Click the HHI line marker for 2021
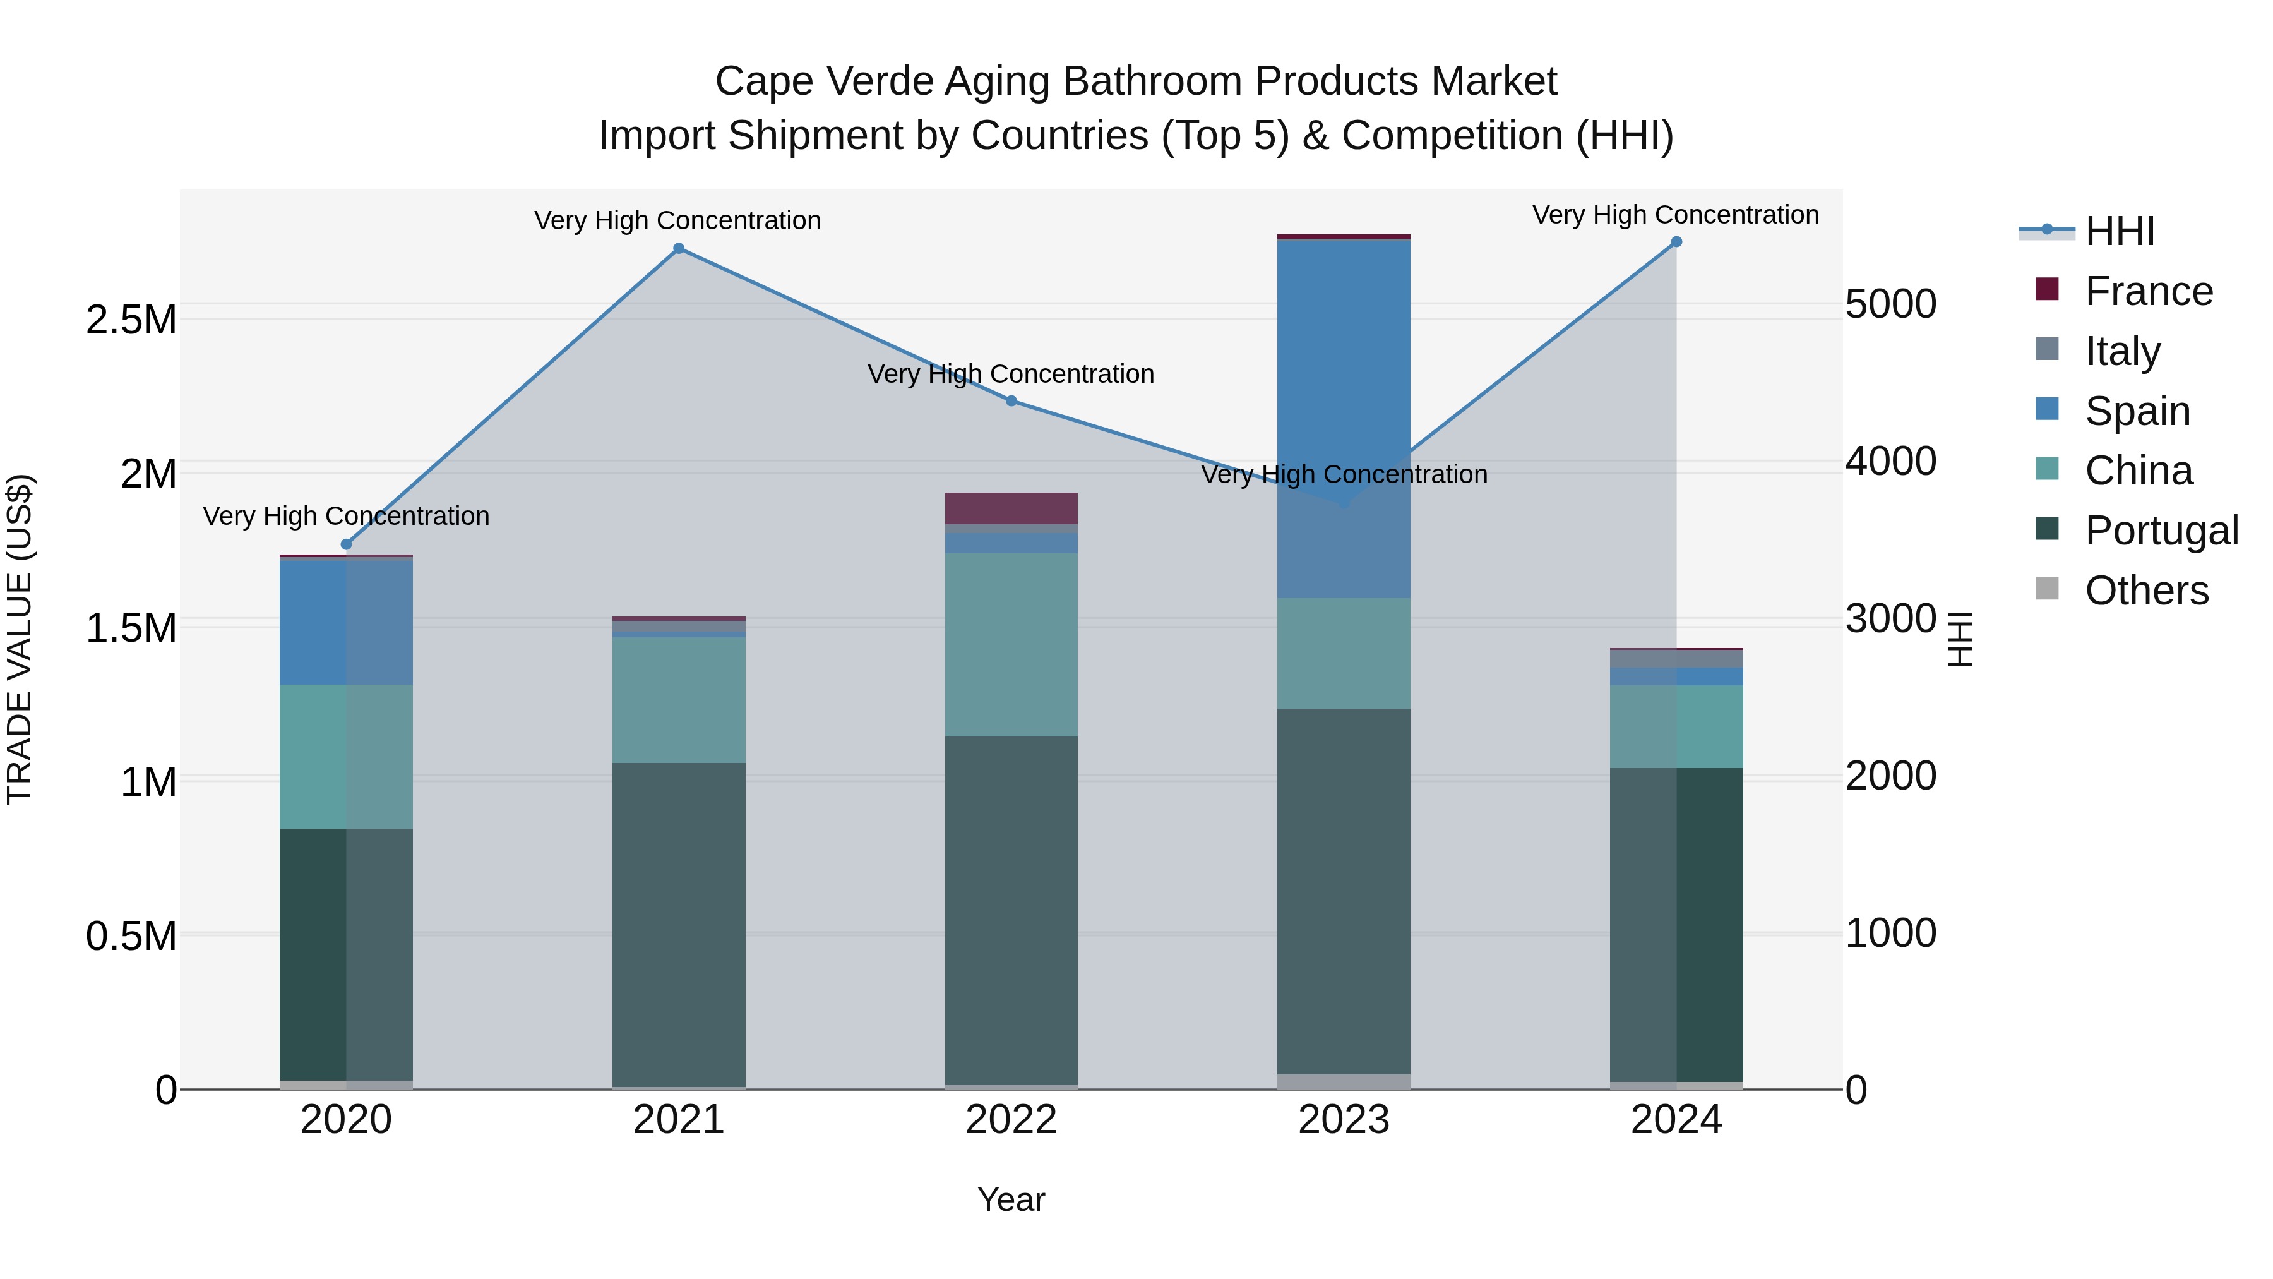click(x=679, y=249)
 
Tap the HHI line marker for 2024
click(x=1676, y=242)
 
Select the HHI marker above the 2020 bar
click(x=346, y=544)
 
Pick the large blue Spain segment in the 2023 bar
click(x=1344, y=371)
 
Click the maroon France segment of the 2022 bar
click(x=1011, y=508)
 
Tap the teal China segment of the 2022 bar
click(x=1011, y=644)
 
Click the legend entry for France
click(x=2149, y=291)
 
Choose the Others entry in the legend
click(x=2146, y=591)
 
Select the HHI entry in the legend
click(x=2120, y=231)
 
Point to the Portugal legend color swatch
click(x=2046, y=530)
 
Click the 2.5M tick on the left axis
click(x=131, y=320)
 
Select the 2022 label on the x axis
click(x=1011, y=1120)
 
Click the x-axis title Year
click(x=1011, y=1199)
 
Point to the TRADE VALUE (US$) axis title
click(x=20, y=639)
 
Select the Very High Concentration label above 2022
click(x=1011, y=375)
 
